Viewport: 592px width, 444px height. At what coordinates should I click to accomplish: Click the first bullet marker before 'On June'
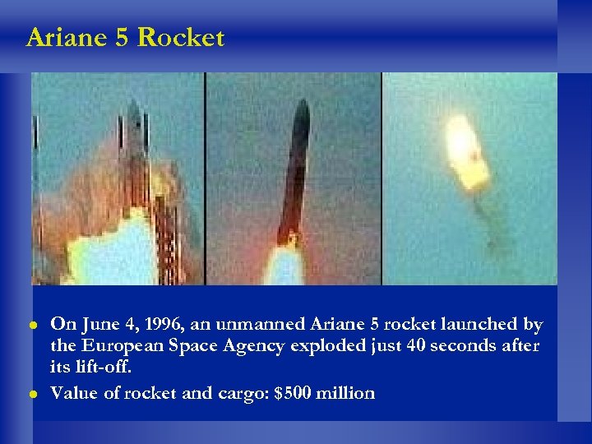pos(35,326)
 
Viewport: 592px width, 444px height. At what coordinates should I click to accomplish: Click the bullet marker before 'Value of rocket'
pos(35,394)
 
